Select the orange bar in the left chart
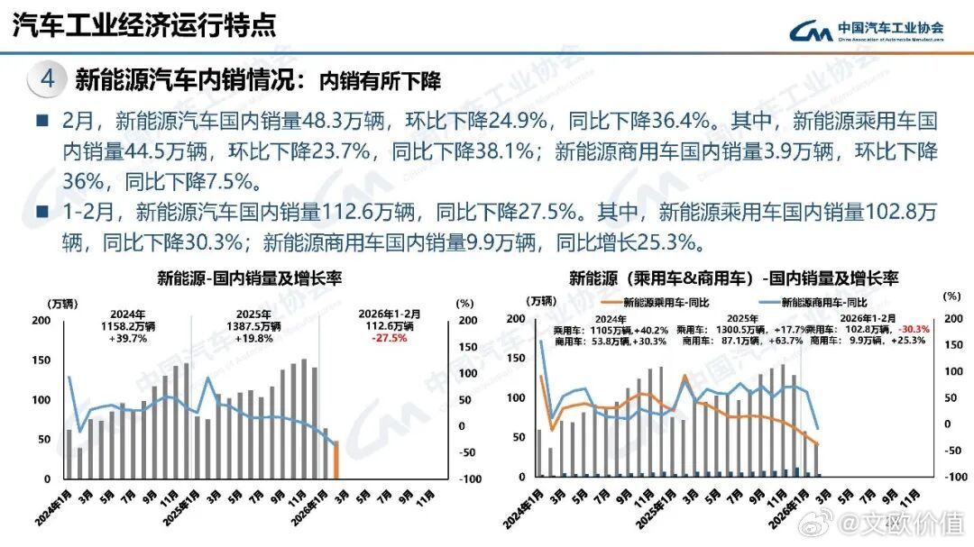pos(335,460)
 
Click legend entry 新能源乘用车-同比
pos(658,303)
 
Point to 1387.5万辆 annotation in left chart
pos(254,326)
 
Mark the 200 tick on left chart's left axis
pos(41,321)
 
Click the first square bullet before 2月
pos(41,120)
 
